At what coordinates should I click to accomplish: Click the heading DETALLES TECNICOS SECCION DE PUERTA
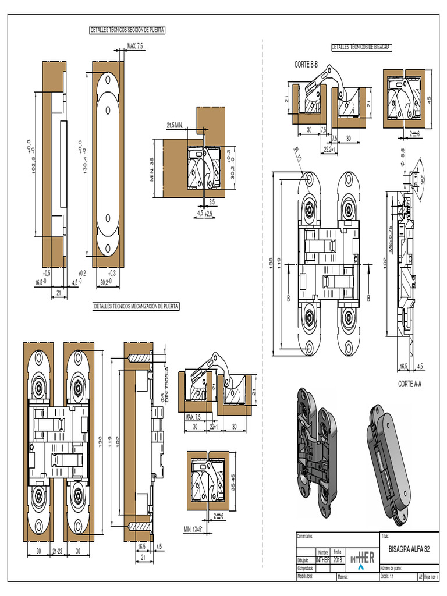[x=127, y=30]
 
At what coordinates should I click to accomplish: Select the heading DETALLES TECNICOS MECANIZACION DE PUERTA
[x=137, y=306]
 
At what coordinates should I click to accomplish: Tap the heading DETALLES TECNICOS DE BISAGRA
[x=361, y=47]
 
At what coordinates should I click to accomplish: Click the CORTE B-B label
[x=306, y=64]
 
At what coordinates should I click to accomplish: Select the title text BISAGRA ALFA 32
[x=409, y=549]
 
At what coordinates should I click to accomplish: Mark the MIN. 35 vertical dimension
[x=152, y=169]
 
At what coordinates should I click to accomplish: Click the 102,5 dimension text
[x=34, y=157]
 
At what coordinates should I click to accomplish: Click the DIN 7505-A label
[x=165, y=378]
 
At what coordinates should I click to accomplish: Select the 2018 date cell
[x=338, y=560]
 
